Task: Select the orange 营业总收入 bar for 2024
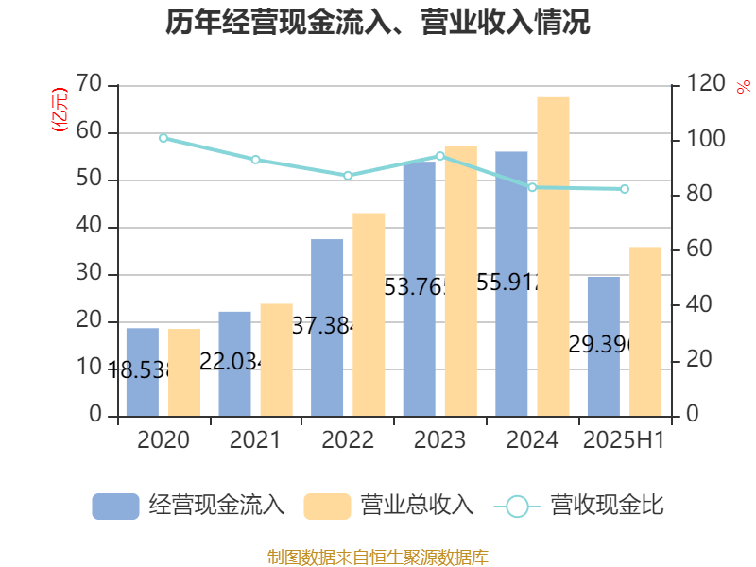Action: [553, 255]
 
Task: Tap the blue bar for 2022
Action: [327, 327]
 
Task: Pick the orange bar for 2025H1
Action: [645, 331]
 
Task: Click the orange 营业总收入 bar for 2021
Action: [276, 359]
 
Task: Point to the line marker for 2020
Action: [163, 138]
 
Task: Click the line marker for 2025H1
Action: [625, 189]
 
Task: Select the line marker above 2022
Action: [348, 176]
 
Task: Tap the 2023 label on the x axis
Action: [439, 440]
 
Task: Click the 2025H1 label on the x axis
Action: [624, 440]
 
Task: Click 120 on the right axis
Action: [705, 84]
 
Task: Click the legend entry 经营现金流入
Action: [189, 506]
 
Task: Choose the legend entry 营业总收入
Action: [388, 506]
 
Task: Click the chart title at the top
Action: [378, 23]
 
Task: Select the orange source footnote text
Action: [378, 557]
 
